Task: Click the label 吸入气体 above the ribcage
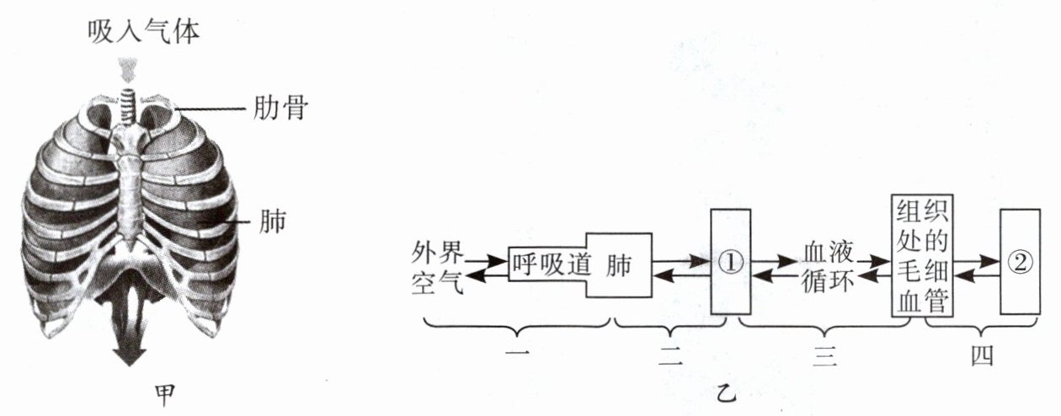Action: tap(145, 30)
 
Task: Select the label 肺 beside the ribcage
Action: tap(274, 222)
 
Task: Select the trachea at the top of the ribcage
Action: tap(129, 104)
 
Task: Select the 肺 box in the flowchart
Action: tap(620, 264)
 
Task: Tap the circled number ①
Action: tap(730, 262)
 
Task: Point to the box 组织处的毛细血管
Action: tap(921, 256)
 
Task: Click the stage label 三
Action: tap(824, 356)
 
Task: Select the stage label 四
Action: tap(981, 355)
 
